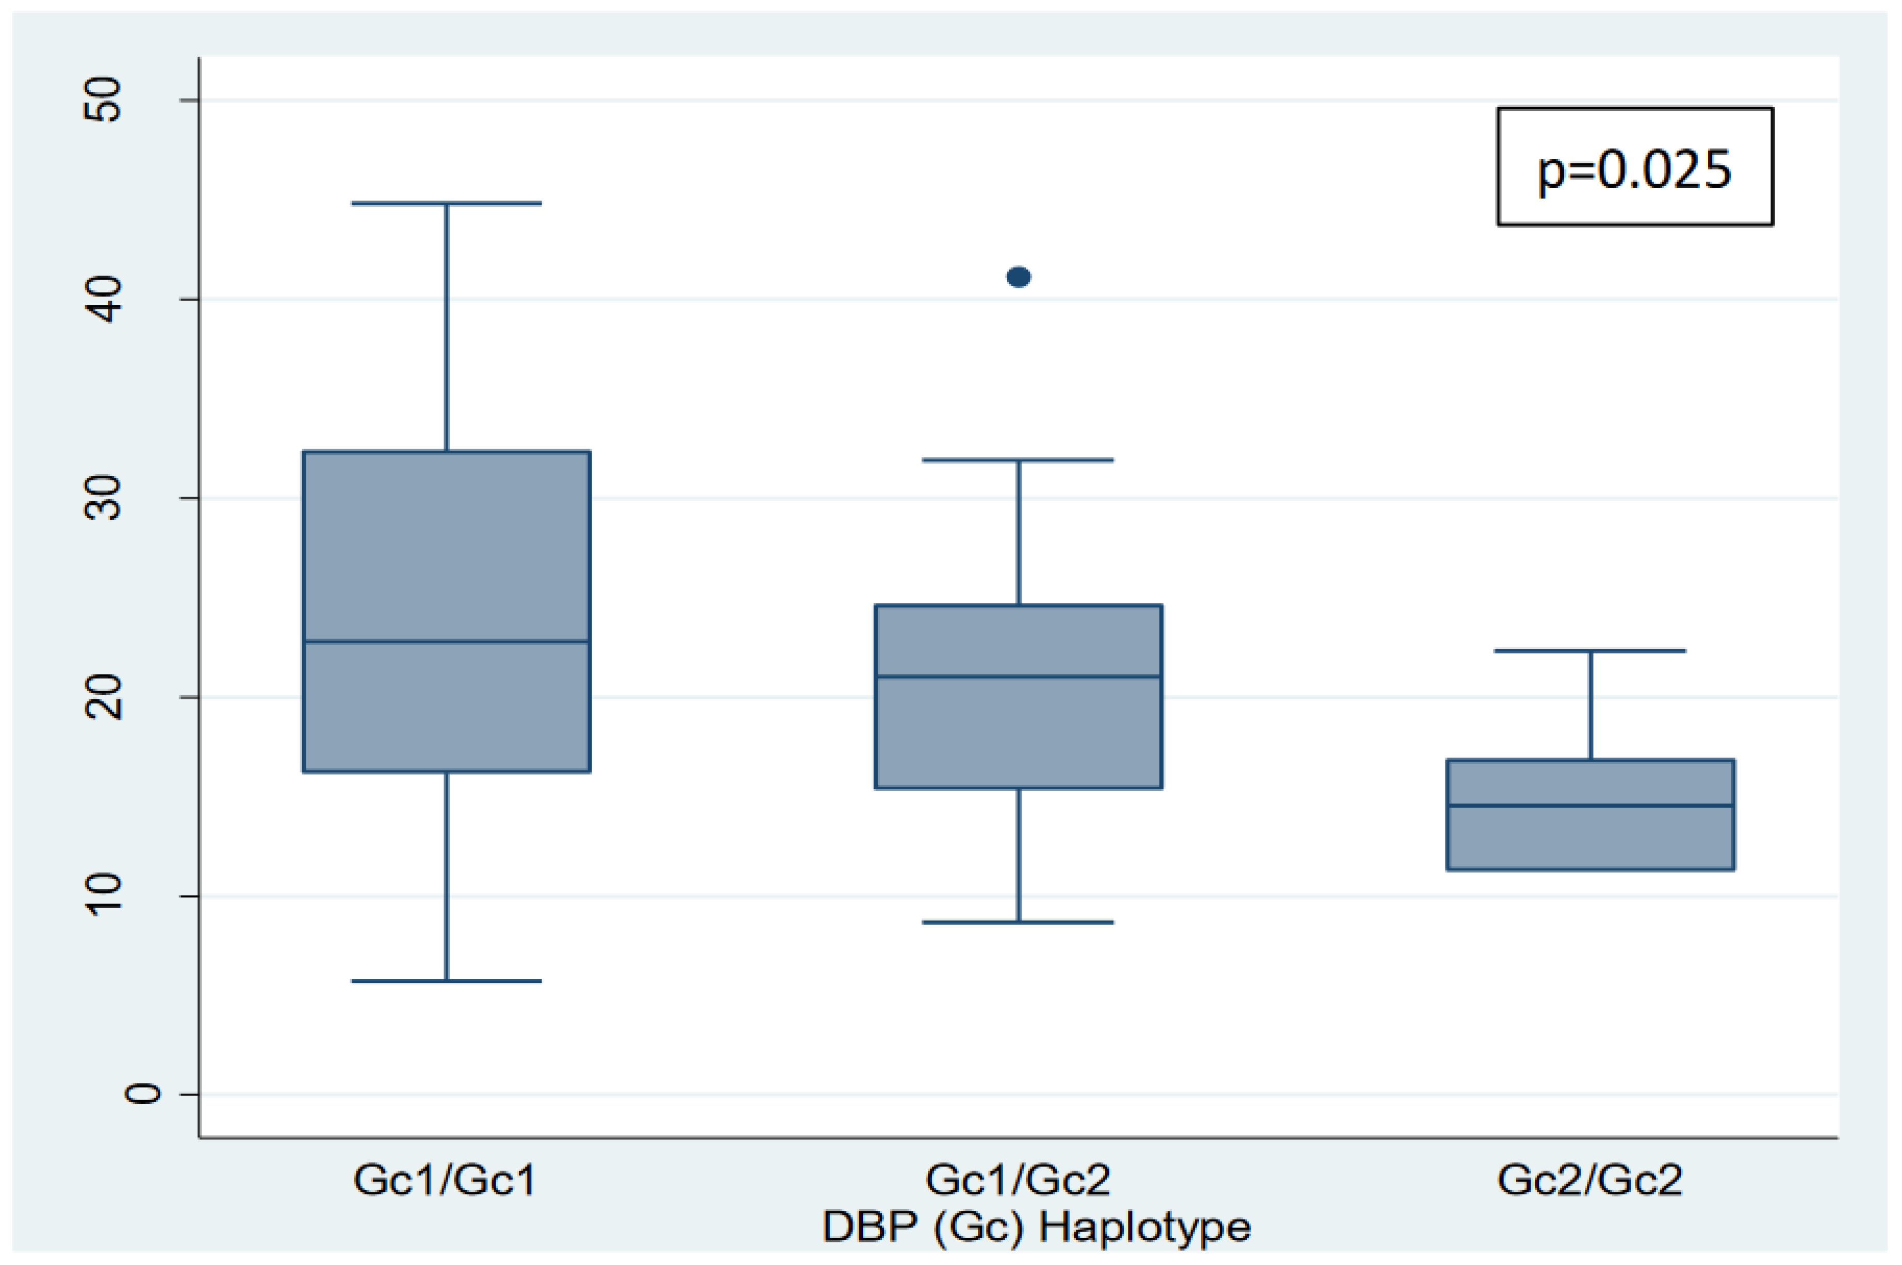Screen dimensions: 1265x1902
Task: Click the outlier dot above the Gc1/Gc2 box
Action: pyautogui.click(x=1018, y=277)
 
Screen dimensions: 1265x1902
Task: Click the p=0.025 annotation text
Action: pyautogui.click(x=1634, y=170)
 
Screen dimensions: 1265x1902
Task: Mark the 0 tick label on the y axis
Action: pyautogui.click(x=142, y=1094)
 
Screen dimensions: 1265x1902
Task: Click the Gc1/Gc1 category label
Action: pyautogui.click(x=445, y=1180)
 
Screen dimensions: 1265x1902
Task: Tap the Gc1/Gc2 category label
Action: pyautogui.click(x=1018, y=1180)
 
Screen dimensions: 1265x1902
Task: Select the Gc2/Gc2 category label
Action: pyautogui.click(x=1590, y=1180)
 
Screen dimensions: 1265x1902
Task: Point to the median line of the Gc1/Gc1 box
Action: pyautogui.click(x=446, y=642)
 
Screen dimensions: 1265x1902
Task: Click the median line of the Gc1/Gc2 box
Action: pyautogui.click(x=1018, y=676)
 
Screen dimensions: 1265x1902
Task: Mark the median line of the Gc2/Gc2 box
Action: pyautogui.click(x=1590, y=805)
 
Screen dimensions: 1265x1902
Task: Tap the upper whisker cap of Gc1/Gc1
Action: pyautogui.click(x=446, y=203)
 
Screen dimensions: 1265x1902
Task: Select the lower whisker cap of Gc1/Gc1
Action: pyautogui.click(x=446, y=981)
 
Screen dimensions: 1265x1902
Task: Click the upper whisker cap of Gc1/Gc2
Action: pyautogui.click(x=1018, y=460)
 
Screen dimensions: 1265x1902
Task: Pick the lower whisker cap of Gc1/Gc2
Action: pyautogui.click(x=1018, y=922)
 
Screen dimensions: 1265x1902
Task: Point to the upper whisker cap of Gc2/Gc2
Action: pyautogui.click(x=1590, y=650)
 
